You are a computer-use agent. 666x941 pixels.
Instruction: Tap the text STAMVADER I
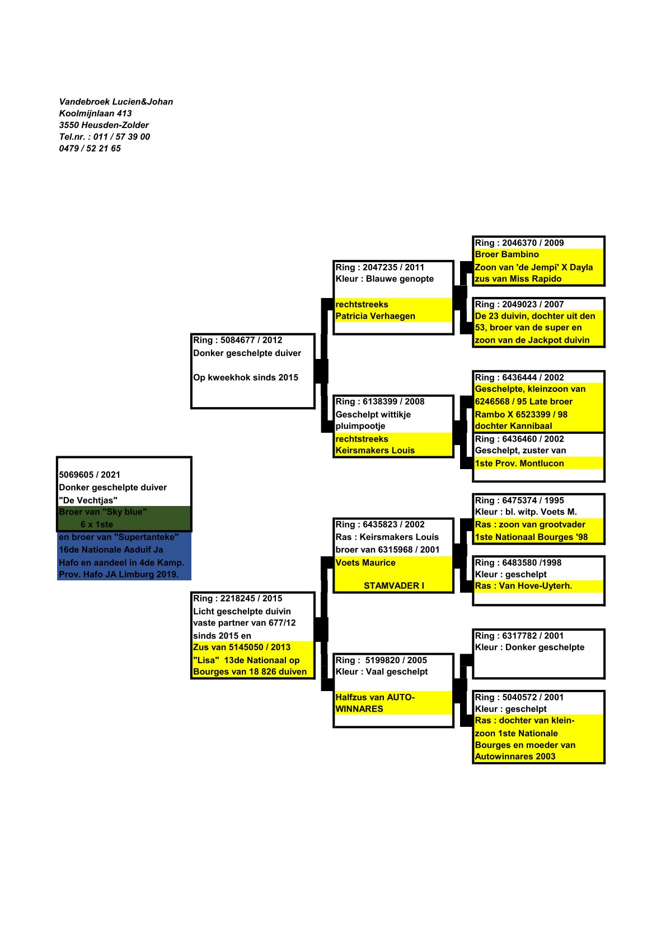[x=393, y=585]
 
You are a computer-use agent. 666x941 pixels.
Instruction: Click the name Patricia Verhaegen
[x=375, y=316]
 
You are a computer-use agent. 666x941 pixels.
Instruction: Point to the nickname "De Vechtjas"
[x=88, y=500]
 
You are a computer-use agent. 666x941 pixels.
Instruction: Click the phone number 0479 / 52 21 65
[x=90, y=148]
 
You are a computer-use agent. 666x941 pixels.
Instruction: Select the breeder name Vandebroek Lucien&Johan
[x=116, y=102]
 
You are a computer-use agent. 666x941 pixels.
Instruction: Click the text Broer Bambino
[x=506, y=254]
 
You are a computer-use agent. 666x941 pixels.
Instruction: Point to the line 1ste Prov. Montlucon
[x=519, y=463]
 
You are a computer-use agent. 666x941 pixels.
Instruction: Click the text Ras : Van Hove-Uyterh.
[x=523, y=586]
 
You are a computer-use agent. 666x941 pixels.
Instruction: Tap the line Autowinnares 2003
[x=515, y=756]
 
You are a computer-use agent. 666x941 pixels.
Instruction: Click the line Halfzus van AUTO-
[x=374, y=697]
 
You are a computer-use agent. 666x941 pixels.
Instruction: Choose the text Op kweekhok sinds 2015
[x=246, y=377]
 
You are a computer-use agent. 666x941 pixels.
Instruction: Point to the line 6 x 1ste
[x=96, y=524]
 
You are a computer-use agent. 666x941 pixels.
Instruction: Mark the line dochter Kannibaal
[x=513, y=425]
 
